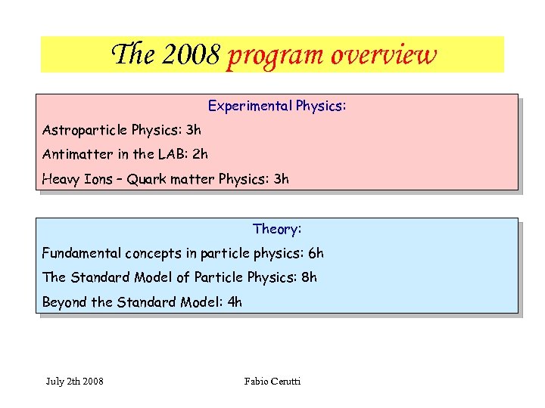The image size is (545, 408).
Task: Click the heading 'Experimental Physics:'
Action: tap(276, 106)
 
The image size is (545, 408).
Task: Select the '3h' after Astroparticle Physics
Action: tap(194, 130)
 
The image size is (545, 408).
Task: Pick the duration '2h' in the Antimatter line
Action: tap(200, 154)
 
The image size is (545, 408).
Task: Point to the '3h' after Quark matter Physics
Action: tap(281, 179)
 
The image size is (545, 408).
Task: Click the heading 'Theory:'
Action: tap(277, 229)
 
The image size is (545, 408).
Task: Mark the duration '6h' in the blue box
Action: tap(316, 253)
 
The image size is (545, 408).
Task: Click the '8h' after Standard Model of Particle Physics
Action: tap(309, 277)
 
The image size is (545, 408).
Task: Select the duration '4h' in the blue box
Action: tap(235, 302)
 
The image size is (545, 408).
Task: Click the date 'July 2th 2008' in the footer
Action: tap(75, 381)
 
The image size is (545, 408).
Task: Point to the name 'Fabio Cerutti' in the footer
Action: tap(272, 381)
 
